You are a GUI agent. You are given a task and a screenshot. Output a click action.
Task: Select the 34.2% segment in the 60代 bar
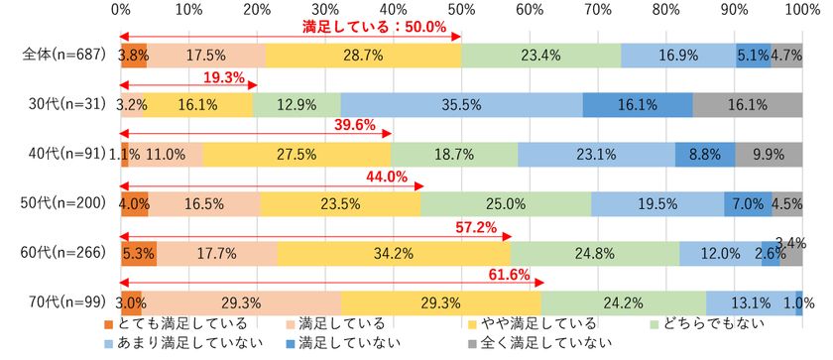[x=395, y=253]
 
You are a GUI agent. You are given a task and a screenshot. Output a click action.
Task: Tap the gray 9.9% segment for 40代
[x=770, y=154]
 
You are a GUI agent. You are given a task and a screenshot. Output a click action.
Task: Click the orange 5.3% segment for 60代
[x=138, y=253]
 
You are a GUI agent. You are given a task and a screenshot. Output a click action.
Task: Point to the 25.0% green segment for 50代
[x=507, y=203]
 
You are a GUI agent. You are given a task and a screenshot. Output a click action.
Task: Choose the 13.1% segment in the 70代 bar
[x=751, y=302]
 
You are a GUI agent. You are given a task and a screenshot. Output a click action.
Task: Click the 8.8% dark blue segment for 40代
[x=706, y=154]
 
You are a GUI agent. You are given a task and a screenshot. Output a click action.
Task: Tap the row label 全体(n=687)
[x=59, y=55]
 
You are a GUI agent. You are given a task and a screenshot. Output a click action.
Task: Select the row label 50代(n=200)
[x=59, y=203]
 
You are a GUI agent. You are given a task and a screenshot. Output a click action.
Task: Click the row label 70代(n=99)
[x=61, y=302]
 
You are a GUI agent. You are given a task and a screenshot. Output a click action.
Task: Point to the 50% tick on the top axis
[x=461, y=10]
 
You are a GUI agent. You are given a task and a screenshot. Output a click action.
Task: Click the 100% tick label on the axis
[x=800, y=10]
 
